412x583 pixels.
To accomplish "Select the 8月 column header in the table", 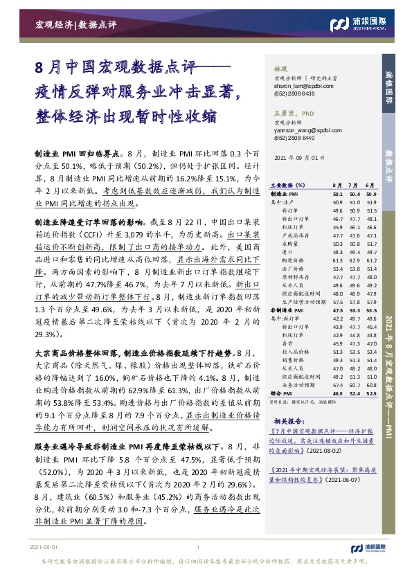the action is (x=337, y=186).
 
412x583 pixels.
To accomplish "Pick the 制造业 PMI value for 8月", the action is (x=337, y=195).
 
